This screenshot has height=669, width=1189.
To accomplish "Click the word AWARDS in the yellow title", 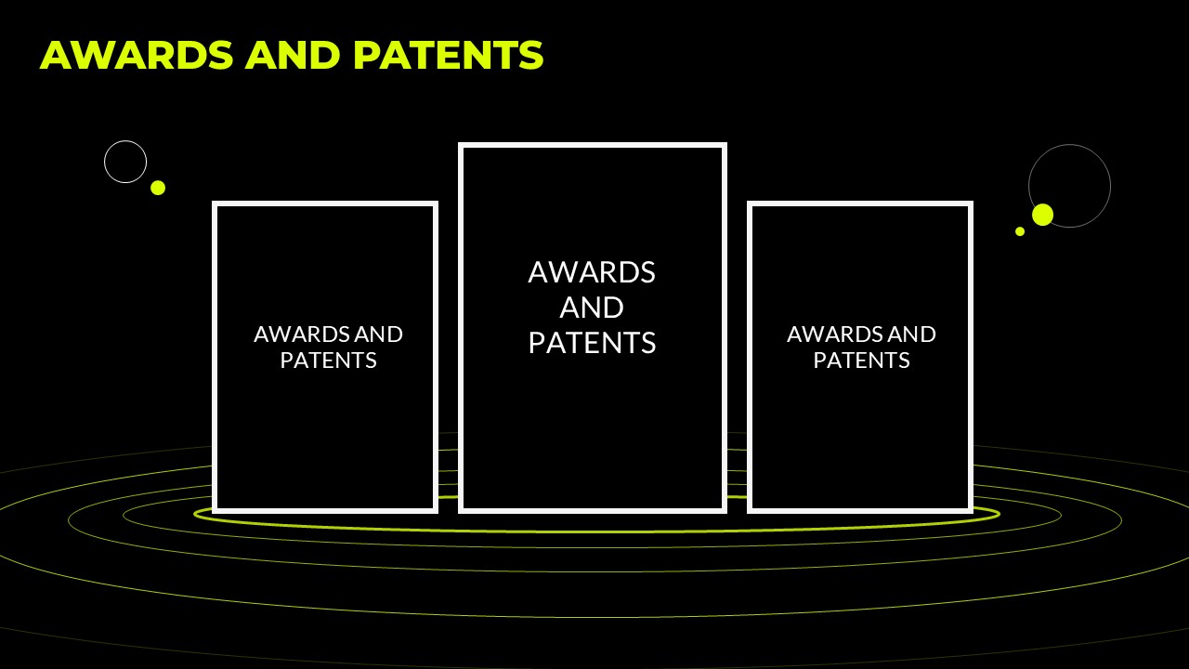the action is coord(137,55).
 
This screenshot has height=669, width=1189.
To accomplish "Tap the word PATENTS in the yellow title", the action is coord(449,55).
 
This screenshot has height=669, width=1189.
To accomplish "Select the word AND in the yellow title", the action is coord(293,55).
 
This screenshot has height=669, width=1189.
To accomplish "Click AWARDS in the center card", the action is coord(592,272).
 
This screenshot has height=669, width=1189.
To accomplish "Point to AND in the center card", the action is coord(592,308).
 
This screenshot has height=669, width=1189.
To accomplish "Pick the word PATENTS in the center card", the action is coord(593,343).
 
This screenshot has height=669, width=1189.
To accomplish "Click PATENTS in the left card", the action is coord(329,361).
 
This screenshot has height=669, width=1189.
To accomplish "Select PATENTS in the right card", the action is coord(861,361).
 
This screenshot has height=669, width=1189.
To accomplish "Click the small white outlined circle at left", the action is coord(125,141).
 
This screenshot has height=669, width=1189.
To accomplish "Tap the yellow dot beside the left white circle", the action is coord(158,188).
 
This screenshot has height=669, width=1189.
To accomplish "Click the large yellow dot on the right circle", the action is coord(1042,215).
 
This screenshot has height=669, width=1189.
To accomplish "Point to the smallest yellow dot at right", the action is coord(1020,231).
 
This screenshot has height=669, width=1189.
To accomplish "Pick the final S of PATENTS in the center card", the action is coord(648,343).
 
